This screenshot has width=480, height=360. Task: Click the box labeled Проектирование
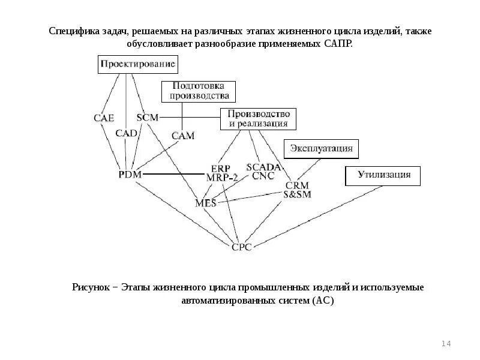[x=137, y=64]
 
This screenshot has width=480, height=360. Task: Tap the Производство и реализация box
[x=258, y=119]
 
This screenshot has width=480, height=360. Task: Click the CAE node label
[x=104, y=118]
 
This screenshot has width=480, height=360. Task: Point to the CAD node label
[x=127, y=133]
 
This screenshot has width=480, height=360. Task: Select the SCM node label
[x=147, y=118]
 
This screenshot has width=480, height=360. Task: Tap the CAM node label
[x=183, y=136]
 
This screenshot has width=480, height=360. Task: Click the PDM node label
[x=130, y=174]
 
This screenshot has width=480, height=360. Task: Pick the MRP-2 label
[x=221, y=178]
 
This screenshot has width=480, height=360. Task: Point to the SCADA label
[x=263, y=167]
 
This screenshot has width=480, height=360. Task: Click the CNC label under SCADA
[x=263, y=176]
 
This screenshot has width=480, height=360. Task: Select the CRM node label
[x=297, y=185]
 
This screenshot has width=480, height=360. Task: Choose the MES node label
[x=206, y=203]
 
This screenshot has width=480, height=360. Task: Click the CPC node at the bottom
[x=242, y=246]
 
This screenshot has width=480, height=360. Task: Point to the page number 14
[x=445, y=343]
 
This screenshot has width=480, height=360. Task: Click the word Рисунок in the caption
[x=90, y=287]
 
